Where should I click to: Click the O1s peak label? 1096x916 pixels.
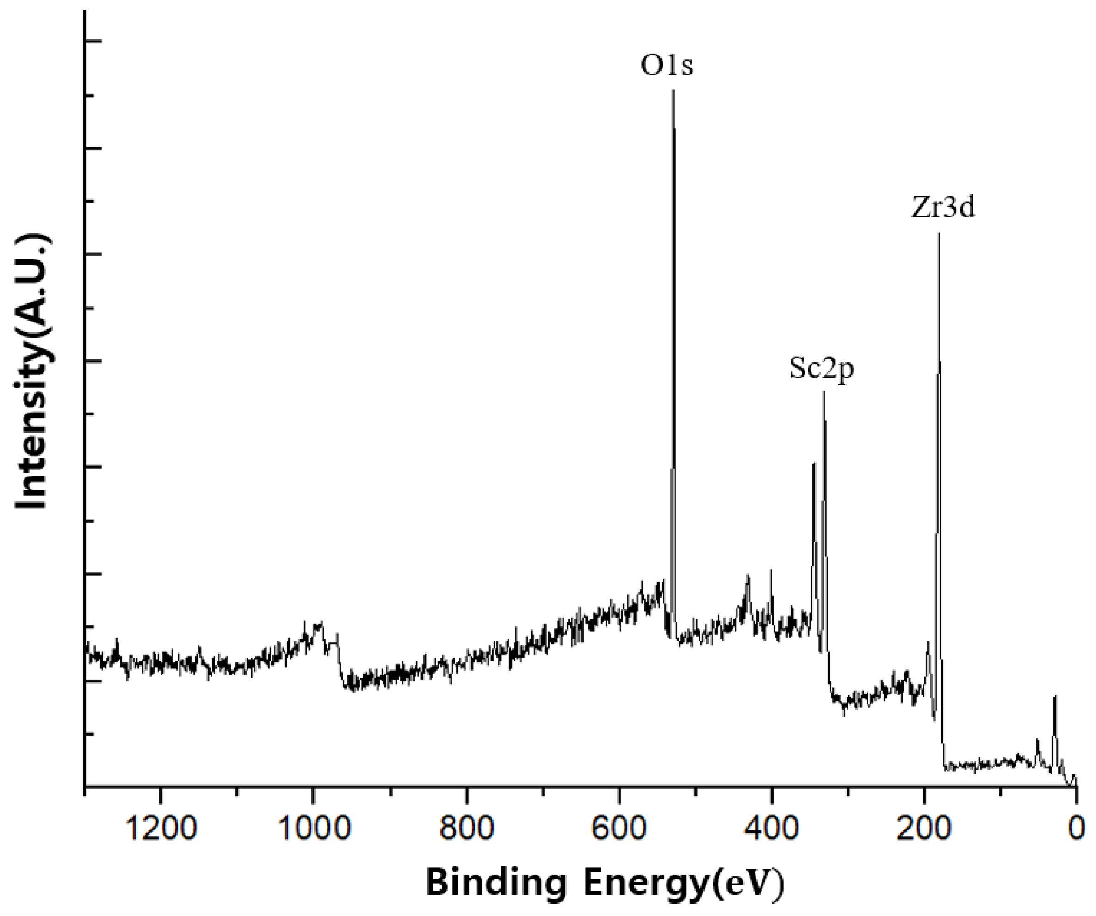pos(667,67)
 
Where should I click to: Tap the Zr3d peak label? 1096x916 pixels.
pos(943,208)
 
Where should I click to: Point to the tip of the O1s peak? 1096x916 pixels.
pos(673,91)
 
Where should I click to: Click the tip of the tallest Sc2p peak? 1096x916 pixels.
pos(824,392)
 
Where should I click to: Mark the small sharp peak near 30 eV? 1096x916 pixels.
pos(1055,697)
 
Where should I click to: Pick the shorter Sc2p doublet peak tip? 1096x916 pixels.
pos(814,464)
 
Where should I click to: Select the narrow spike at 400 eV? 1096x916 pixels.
pos(771,570)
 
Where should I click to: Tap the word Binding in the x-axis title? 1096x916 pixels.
pos(496,883)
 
